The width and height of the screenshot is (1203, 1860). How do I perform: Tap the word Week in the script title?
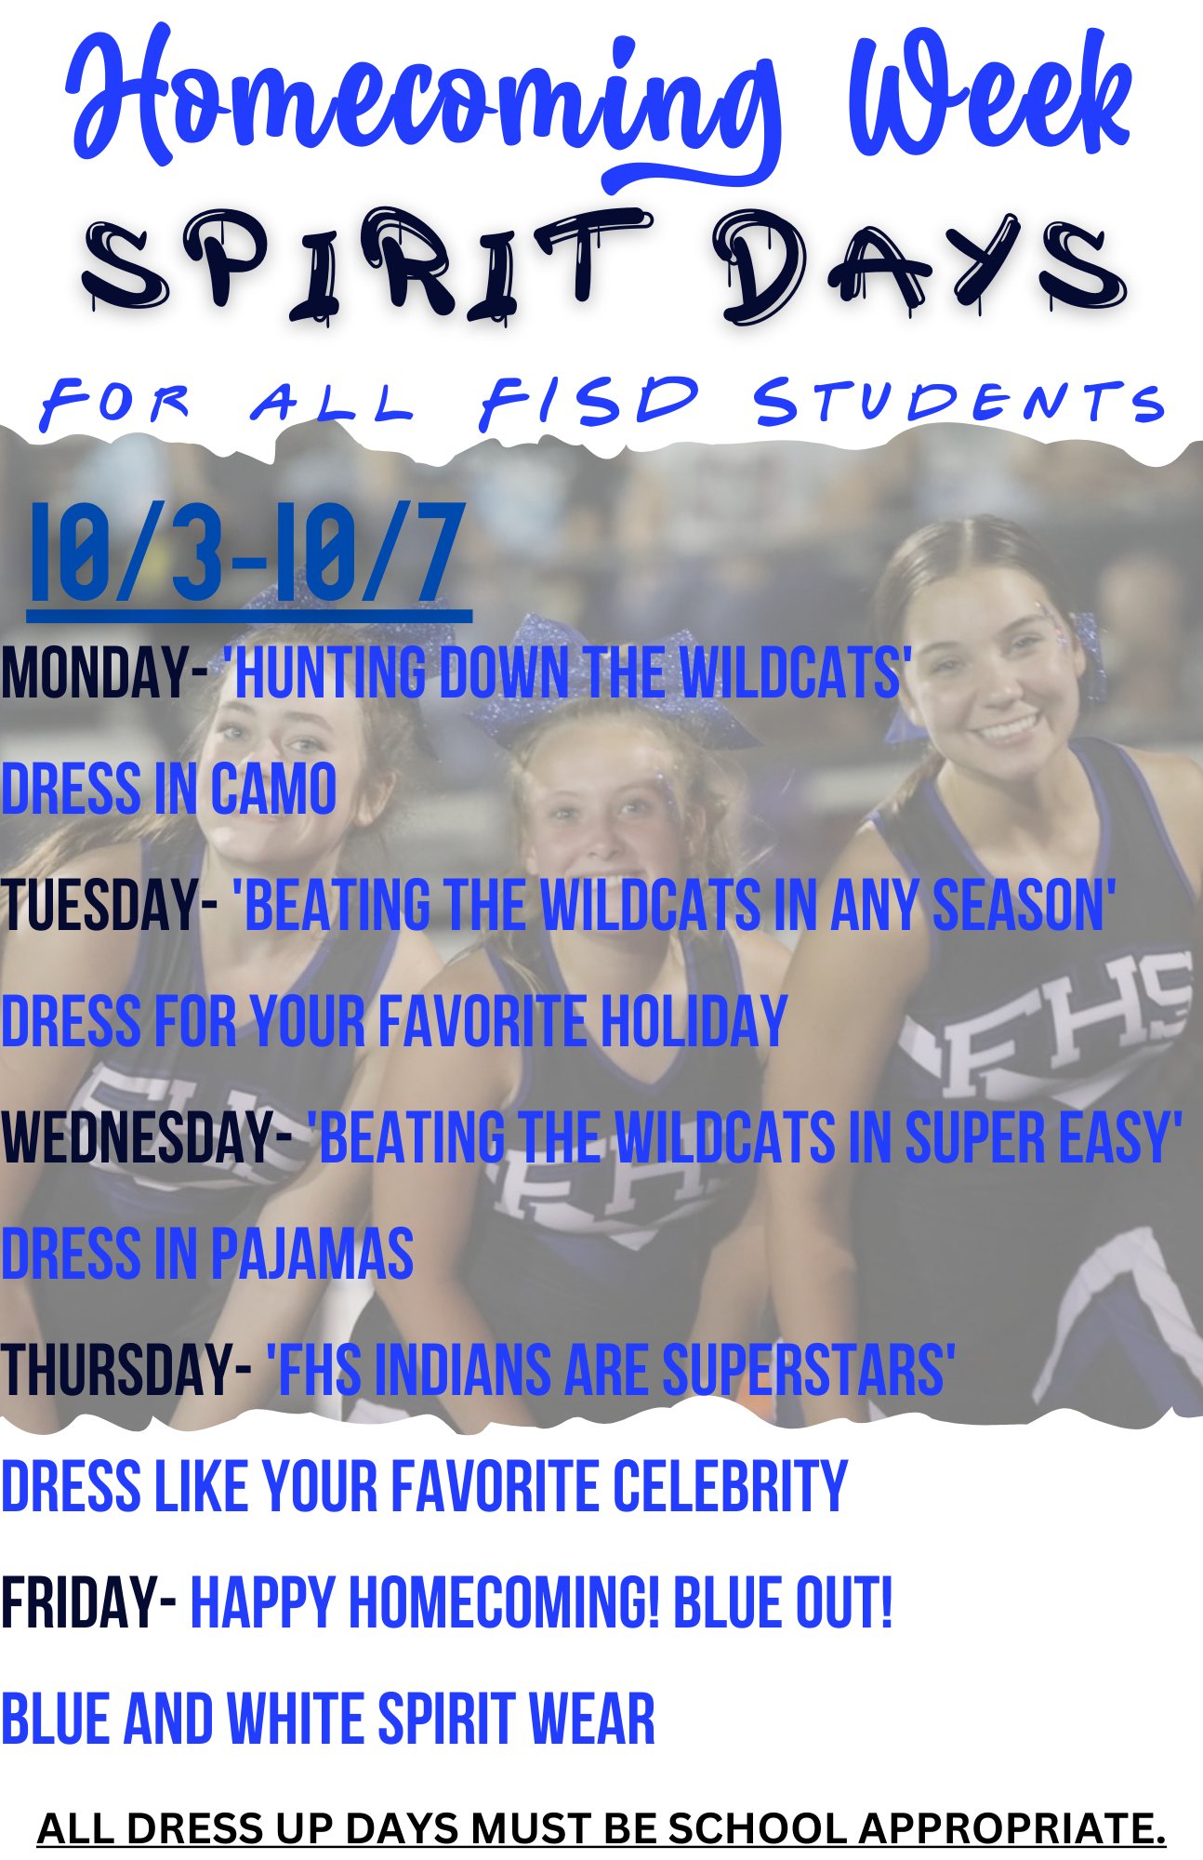click(x=990, y=98)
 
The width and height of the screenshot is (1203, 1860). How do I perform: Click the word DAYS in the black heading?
click(x=920, y=265)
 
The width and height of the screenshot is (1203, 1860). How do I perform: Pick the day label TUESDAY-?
click(x=109, y=905)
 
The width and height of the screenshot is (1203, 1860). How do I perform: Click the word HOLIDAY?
click(x=694, y=1021)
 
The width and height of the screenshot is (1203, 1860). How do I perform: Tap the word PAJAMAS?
click(x=311, y=1254)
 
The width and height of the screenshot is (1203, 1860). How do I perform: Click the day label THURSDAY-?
click(x=126, y=1370)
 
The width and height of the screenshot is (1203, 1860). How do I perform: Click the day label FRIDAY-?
click(x=88, y=1602)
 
